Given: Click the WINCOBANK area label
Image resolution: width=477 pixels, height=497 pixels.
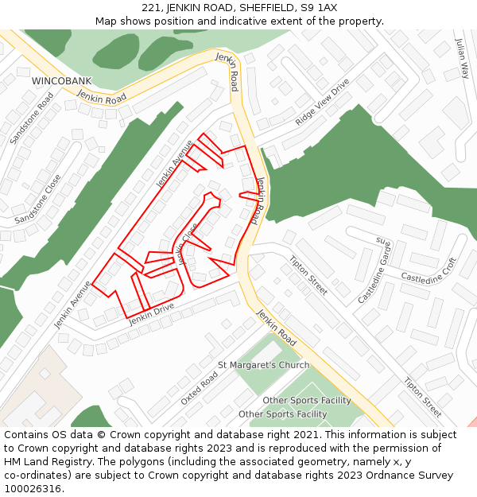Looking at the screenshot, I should (61, 81).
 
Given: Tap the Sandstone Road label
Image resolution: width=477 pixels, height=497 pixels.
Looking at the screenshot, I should (32, 118).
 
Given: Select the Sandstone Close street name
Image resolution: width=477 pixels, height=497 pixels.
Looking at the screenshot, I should (37, 199).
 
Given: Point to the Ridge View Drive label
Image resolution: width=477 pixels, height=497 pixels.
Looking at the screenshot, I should (322, 102).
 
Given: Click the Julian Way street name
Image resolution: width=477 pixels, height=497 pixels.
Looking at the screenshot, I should (462, 58).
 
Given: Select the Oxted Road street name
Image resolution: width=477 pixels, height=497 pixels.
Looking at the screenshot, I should (199, 388).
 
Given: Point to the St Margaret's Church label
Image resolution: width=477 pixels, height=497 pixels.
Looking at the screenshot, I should (263, 365).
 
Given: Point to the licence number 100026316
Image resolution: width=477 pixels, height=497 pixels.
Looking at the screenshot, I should (32, 489).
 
